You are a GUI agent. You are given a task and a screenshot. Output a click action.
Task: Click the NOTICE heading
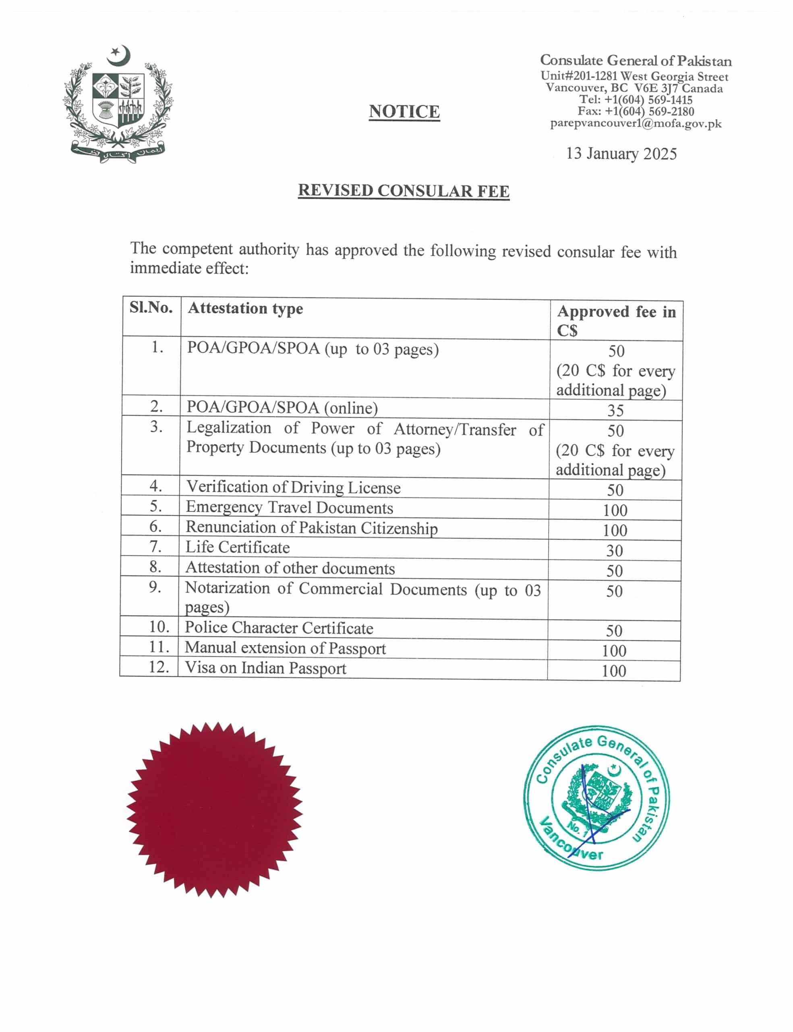point(404,112)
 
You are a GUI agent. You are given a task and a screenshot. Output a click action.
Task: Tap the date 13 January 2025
point(621,154)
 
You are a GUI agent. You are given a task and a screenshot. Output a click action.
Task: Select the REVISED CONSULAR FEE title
point(404,191)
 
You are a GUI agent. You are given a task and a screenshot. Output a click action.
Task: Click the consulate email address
point(636,124)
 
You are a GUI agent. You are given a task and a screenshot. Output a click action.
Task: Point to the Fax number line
point(636,112)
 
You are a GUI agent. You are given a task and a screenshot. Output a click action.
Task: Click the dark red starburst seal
point(214,809)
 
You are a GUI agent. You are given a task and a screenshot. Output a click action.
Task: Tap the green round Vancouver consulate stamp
point(596,799)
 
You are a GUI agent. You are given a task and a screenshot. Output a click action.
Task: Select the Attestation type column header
point(245,308)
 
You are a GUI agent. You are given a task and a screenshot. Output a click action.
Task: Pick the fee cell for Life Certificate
point(614,551)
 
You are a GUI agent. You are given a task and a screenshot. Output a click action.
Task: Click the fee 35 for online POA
point(615,410)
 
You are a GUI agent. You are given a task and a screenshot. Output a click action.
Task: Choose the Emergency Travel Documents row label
point(289,508)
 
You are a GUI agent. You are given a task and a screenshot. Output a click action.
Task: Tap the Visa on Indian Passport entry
point(265,668)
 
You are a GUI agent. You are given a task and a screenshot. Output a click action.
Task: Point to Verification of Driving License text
point(293,487)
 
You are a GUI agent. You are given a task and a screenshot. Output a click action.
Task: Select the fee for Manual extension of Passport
point(614,651)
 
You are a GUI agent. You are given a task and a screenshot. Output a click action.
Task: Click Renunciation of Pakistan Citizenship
point(312,528)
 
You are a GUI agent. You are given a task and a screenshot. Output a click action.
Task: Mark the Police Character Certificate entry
point(278,628)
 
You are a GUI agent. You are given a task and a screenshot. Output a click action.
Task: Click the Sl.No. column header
point(151,308)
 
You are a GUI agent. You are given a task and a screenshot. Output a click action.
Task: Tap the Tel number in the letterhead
point(636,100)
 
